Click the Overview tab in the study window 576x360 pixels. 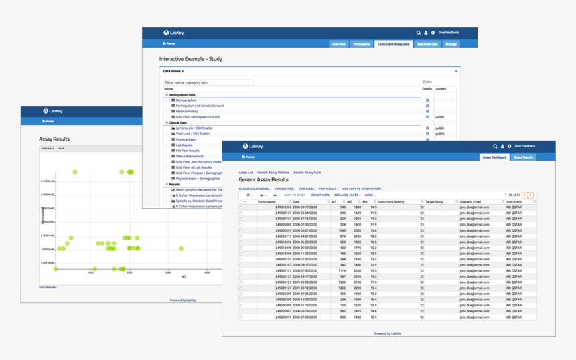pos(339,43)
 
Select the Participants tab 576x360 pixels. pos(361,43)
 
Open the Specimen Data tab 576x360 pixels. pos(427,43)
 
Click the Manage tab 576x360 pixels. pos(451,43)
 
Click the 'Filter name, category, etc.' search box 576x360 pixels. pos(208,83)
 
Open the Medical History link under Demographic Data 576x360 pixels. pos(187,112)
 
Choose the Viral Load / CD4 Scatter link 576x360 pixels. pos(192,134)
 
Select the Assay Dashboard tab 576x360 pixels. pos(494,157)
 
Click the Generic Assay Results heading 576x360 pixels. pos(263,180)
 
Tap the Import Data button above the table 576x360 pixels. pos(319,195)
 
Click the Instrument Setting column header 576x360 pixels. pos(391,201)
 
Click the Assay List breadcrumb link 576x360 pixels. pos(246,173)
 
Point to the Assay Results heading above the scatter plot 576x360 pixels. pos(54,139)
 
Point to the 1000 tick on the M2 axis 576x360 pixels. pos(91,272)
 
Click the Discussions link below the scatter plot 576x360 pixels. pos(48,288)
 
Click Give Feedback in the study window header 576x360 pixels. pos(449,32)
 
